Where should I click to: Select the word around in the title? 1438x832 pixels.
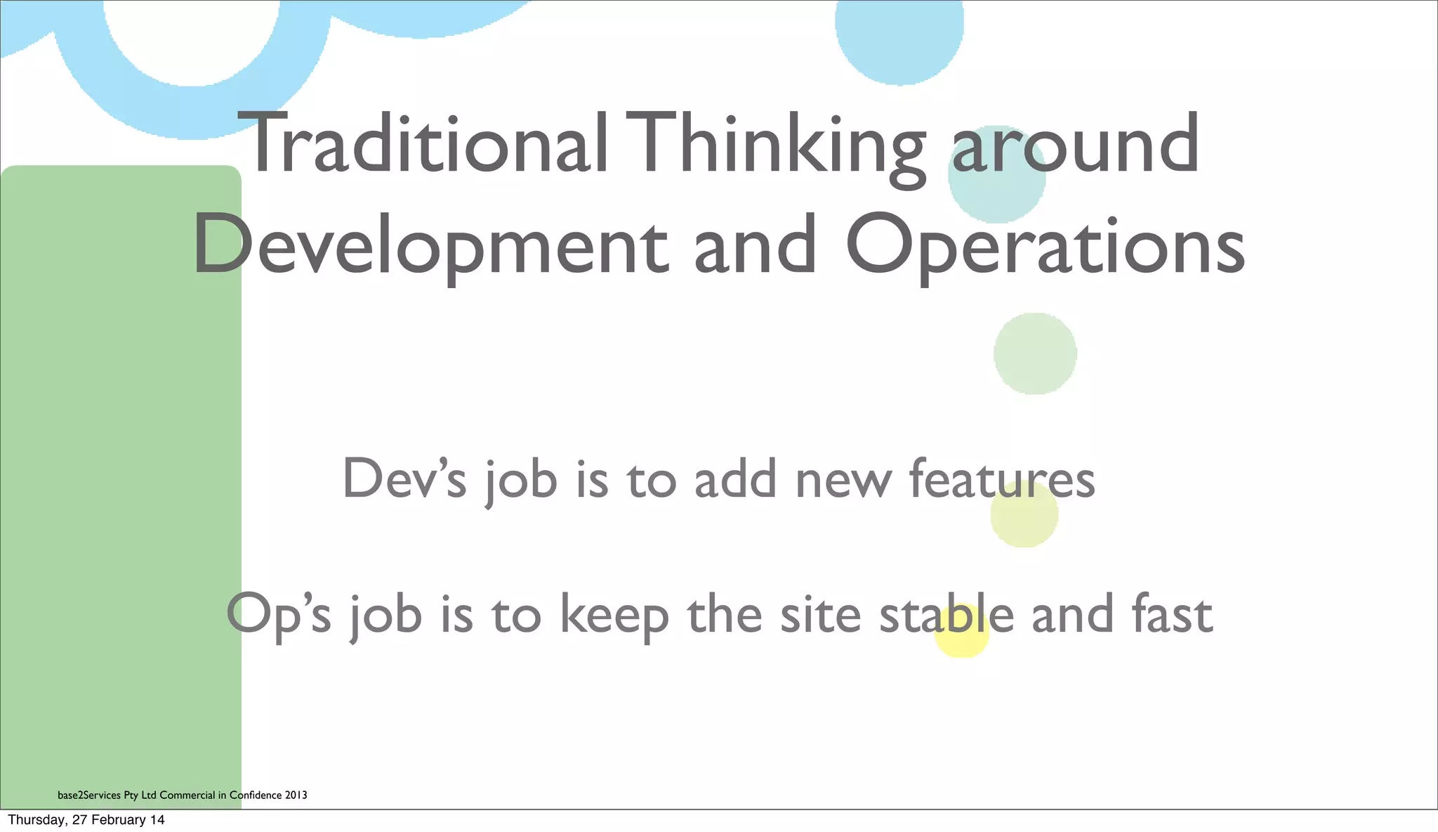coord(1075,145)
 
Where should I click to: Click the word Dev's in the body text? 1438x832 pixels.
coord(404,479)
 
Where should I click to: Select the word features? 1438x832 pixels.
coord(1001,479)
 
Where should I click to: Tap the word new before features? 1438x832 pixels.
coord(843,480)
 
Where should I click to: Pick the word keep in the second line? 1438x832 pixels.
coord(614,616)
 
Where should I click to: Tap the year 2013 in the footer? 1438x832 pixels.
coord(296,795)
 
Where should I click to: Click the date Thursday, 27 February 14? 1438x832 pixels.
coord(86,819)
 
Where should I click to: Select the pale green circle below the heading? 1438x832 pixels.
coord(1035,353)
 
